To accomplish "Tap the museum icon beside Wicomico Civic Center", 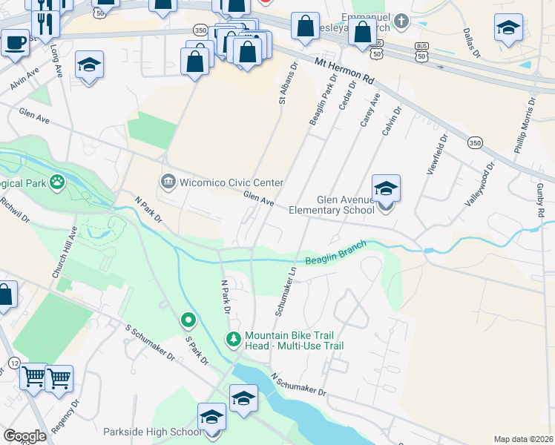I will pos(168,182).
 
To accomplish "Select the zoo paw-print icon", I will pos(57,182).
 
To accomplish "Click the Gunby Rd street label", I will pos(540,196).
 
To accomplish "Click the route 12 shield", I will pos(14,362).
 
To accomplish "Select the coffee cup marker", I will pos(15,43).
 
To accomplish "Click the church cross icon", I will pos(401,21).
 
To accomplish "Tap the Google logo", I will pos(25,436).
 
